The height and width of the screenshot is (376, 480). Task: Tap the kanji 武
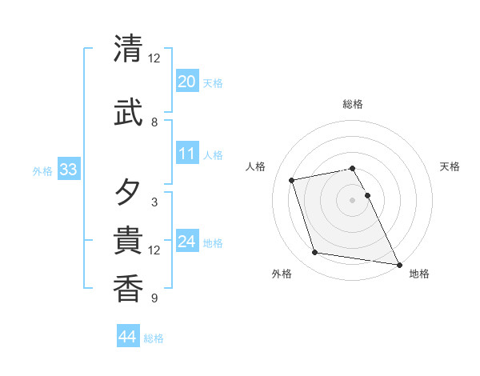click(x=128, y=113)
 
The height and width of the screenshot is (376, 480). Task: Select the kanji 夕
click(x=128, y=193)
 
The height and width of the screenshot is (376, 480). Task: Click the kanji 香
click(x=128, y=289)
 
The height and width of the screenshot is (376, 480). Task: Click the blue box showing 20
click(x=187, y=82)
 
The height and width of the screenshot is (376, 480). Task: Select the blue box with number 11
click(x=187, y=154)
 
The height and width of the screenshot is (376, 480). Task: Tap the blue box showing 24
click(x=187, y=242)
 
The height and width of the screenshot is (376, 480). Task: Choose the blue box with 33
click(x=68, y=170)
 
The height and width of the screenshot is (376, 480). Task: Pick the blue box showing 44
click(x=128, y=337)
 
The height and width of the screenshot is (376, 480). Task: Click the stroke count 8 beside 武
click(x=154, y=122)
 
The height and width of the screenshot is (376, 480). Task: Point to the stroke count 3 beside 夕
click(x=154, y=202)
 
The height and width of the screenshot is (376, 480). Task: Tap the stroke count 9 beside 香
click(x=154, y=298)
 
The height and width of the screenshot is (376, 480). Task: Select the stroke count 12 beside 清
click(x=154, y=58)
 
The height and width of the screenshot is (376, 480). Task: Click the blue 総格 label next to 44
click(x=154, y=338)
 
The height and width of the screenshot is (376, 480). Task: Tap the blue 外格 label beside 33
click(x=42, y=170)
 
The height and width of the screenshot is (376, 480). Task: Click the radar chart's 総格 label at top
click(x=353, y=104)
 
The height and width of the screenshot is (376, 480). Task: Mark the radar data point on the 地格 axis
click(x=398, y=263)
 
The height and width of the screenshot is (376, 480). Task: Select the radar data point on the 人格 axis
click(x=292, y=179)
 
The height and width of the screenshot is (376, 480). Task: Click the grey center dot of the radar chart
click(x=353, y=199)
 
